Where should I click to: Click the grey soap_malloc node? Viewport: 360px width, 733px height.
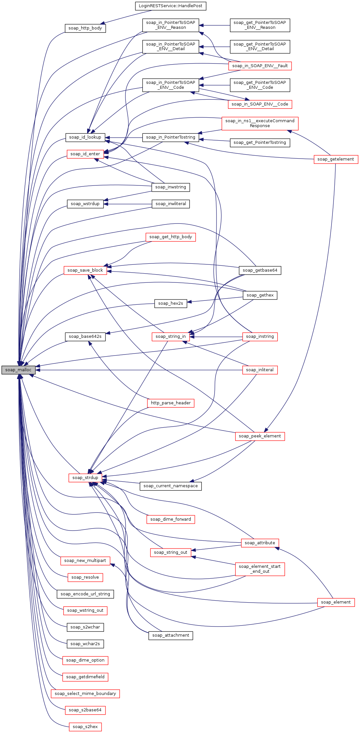point(18,370)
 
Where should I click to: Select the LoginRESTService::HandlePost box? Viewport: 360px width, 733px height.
point(170,6)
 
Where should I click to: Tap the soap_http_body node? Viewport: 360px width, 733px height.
point(85,28)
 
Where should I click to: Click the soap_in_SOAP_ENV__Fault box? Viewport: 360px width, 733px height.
point(260,66)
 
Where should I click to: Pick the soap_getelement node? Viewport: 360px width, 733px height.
point(336,159)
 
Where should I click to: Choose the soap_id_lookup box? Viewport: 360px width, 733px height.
point(85,137)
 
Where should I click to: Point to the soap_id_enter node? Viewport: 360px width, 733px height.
point(85,154)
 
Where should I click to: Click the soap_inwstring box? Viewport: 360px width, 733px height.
point(170,187)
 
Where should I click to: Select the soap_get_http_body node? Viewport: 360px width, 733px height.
point(170,237)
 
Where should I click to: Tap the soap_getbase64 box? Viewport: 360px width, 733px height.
point(260,270)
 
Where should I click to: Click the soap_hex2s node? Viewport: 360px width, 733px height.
point(170,303)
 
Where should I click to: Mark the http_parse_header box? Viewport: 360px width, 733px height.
point(170,403)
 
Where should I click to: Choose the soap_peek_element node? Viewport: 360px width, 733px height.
point(260,436)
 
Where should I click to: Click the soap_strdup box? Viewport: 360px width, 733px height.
point(85,478)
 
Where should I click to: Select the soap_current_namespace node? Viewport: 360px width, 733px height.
point(170,486)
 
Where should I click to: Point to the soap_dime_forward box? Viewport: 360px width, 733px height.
point(170,519)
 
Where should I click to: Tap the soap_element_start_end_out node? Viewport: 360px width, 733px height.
point(260,569)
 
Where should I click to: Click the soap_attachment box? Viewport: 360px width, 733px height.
point(170,635)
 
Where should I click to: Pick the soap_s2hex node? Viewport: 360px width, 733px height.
point(85,727)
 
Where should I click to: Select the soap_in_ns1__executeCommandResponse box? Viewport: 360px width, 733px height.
point(260,123)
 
